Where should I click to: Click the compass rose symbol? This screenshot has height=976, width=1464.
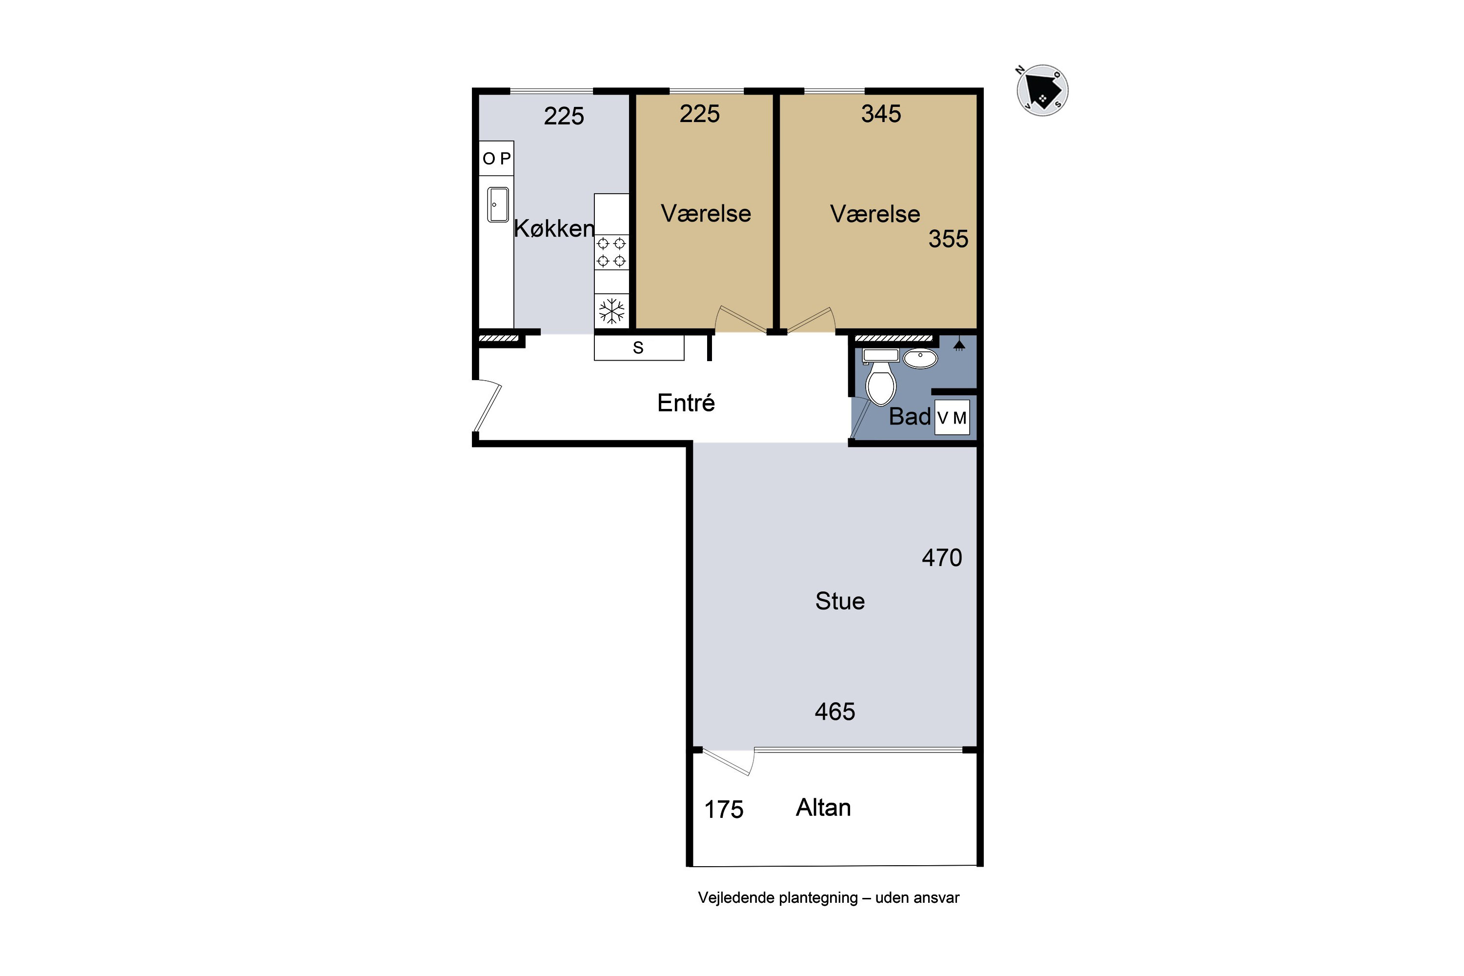coord(1042,90)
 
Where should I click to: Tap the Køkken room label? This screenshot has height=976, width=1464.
coord(554,228)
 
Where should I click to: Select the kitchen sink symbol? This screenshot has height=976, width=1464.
coord(498,205)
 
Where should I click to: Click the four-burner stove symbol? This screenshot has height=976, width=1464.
coord(611,252)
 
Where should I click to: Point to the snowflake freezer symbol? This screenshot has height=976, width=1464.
coord(611,310)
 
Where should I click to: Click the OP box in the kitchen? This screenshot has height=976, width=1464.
coord(496,158)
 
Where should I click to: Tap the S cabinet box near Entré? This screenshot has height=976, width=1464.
coord(639,347)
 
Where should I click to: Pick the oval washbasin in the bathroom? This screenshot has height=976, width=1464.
coord(920,359)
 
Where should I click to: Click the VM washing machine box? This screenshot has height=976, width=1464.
coord(952,418)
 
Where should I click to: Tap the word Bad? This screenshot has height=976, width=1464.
coord(910,416)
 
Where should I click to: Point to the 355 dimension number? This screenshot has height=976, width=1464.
coord(948,239)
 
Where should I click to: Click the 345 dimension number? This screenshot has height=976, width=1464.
coord(881,114)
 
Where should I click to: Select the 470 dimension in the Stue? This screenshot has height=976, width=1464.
coord(942,558)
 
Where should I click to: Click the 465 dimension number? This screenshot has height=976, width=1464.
coord(834,712)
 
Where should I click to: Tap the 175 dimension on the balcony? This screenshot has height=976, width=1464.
coord(723,810)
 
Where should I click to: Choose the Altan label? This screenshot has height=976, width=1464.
coord(823,807)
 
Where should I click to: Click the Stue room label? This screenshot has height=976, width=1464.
coord(840,601)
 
